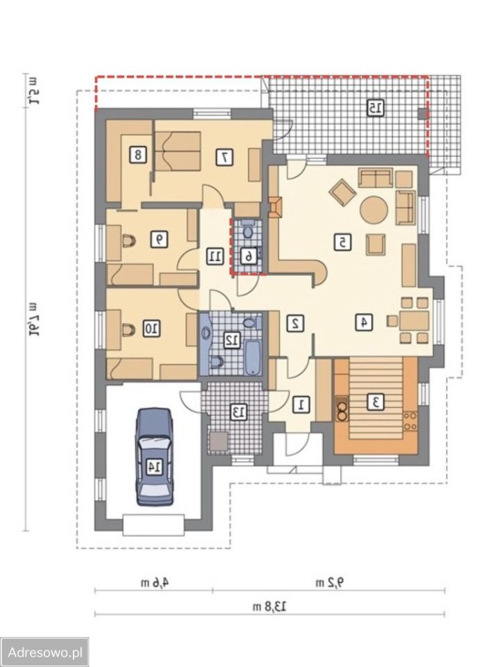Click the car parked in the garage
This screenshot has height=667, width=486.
(x=154, y=456)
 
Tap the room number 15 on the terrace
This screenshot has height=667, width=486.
(x=375, y=108)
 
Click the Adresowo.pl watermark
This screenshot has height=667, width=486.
(x=44, y=652)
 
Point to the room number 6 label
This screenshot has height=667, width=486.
(x=249, y=256)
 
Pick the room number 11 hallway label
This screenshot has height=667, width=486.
(x=215, y=256)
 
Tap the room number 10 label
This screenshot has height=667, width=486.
(x=152, y=329)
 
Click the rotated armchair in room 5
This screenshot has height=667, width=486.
(x=343, y=192)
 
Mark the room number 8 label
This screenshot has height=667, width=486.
(x=138, y=154)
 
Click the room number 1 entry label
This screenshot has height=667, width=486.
(x=302, y=404)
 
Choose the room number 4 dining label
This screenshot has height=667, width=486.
(x=364, y=322)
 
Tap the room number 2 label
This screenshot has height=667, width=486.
(x=294, y=323)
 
